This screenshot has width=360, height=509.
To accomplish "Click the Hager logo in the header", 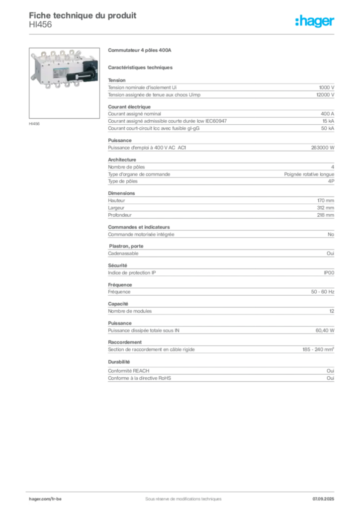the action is (315, 21).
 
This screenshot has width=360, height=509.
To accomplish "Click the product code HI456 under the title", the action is (40, 25).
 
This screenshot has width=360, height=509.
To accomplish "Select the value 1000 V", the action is (327, 87).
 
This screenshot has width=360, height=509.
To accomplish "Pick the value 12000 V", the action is (325, 95).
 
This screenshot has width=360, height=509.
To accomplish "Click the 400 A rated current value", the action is (327, 114).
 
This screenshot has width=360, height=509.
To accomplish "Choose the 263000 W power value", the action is (323, 148).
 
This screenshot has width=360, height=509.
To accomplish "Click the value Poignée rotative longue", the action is (309, 174).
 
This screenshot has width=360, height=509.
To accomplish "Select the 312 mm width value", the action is (326, 208).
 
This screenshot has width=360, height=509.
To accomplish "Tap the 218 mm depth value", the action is (326, 215).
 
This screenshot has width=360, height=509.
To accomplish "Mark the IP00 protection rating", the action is (329, 273).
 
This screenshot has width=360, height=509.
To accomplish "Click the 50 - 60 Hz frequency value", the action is (323, 292).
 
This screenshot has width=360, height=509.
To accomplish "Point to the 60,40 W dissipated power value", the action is (325, 331).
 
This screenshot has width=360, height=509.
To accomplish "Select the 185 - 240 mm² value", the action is (318, 349).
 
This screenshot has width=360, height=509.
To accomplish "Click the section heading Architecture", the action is (122, 160).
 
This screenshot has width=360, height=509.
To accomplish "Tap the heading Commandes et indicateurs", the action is (139, 227).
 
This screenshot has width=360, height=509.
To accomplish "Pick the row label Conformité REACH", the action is (129, 371).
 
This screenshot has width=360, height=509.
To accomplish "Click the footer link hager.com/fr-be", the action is (45, 499).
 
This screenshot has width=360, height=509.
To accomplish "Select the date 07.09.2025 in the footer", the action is (323, 499).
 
